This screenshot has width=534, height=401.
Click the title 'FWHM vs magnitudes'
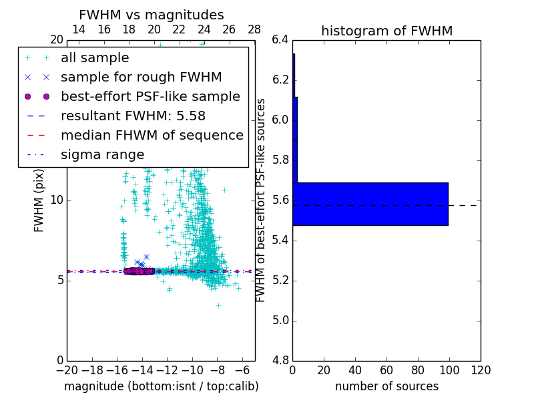[151, 15]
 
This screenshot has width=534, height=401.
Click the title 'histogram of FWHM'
[386, 31]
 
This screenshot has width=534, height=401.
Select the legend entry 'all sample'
[95, 58]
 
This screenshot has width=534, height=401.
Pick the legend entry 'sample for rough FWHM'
[141, 78]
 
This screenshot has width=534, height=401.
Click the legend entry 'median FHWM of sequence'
[152, 136]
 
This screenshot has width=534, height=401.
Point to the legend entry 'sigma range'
[102, 155]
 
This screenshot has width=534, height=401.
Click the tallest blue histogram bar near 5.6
[370, 204]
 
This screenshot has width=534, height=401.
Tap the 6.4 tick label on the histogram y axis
[280, 40]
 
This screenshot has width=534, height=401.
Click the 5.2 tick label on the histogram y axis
[280, 280]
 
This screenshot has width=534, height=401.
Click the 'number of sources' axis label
[386, 387]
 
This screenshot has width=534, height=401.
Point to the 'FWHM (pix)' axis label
[39, 200]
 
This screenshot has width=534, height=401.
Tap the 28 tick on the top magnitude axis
[254, 29]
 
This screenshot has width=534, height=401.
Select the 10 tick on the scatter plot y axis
[57, 200]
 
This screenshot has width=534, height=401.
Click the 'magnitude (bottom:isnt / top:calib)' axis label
[161, 387]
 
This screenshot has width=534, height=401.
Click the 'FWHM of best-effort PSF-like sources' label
[262, 200]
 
